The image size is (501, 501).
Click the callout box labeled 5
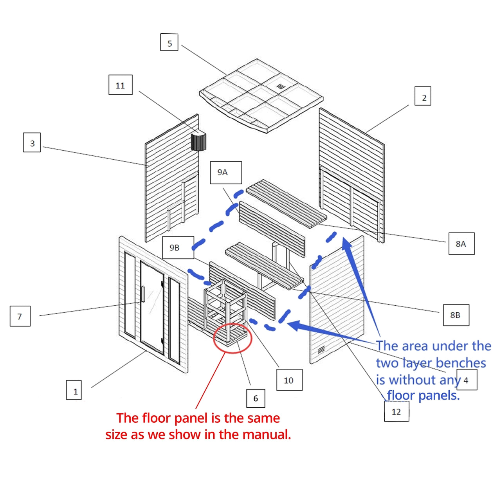[169, 42]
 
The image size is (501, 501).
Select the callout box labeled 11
[120, 85]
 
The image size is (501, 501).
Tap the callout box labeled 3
[32, 143]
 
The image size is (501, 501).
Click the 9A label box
[226, 172]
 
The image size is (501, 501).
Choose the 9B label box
[178, 247]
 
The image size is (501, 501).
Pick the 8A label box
[461, 243]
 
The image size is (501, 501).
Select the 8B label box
[456, 315]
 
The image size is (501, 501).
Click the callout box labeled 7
[20, 316]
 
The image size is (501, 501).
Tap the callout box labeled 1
[74, 390]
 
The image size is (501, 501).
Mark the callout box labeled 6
[256, 398]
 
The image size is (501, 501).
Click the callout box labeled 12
[396, 411]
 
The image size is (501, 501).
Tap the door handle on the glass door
[143, 294]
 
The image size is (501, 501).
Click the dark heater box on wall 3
[198, 141]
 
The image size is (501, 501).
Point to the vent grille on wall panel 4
[321, 350]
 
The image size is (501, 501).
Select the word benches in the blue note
[460, 363]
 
